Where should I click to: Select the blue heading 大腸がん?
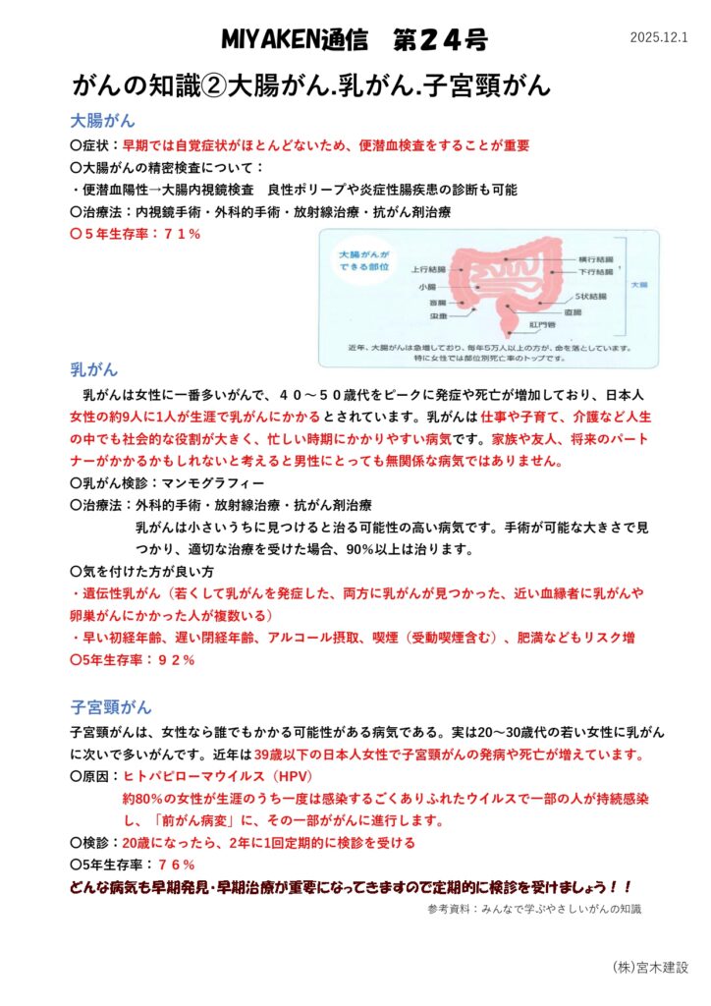(x=102, y=121)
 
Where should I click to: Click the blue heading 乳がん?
(x=93, y=369)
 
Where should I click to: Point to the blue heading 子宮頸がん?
(x=111, y=706)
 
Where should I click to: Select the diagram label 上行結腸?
(x=428, y=268)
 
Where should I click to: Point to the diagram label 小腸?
(x=426, y=287)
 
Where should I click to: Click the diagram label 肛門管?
(x=544, y=324)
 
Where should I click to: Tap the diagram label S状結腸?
(x=590, y=296)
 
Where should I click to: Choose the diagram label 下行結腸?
(x=596, y=270)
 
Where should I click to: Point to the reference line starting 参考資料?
(x=534, y=909)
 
